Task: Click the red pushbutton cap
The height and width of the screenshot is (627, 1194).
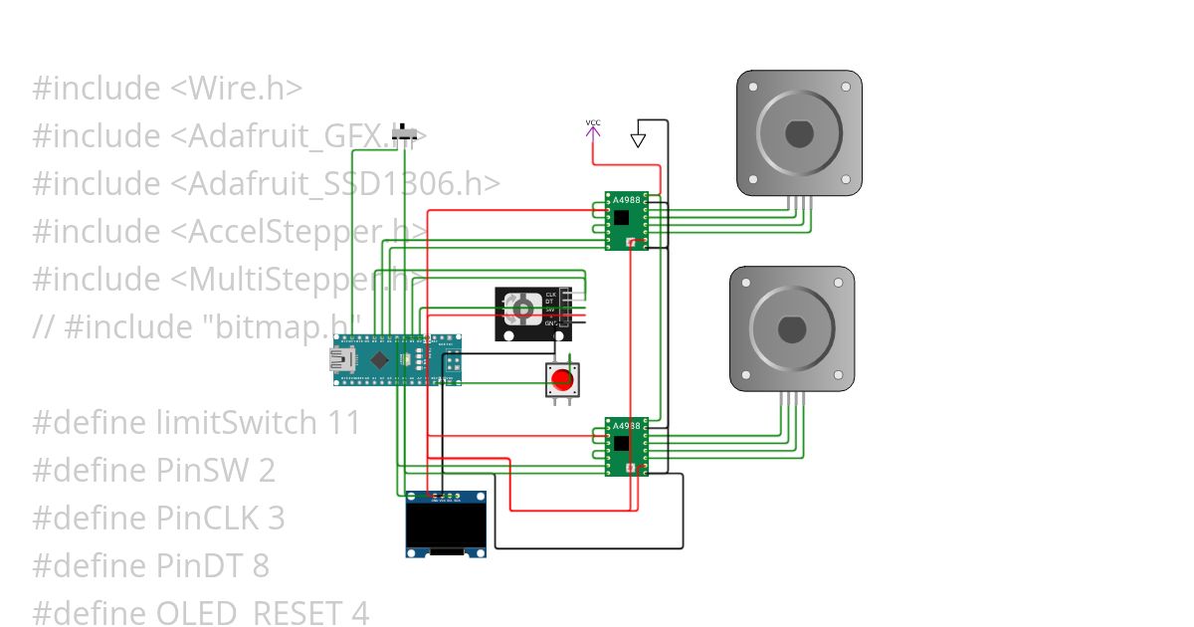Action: coord(562,379)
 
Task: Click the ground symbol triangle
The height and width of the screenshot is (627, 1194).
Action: coord(639,139)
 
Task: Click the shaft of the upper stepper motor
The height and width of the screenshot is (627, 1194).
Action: coord(799,132)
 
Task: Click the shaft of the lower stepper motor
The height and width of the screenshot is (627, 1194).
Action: coord(793,328)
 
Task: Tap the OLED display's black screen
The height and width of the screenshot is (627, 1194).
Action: coord(446,524)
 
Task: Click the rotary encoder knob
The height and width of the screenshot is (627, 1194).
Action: coord(520,310)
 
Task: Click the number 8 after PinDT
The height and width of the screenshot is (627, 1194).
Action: coord(260,565)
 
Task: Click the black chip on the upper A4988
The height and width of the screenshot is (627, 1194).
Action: coord(622,217)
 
